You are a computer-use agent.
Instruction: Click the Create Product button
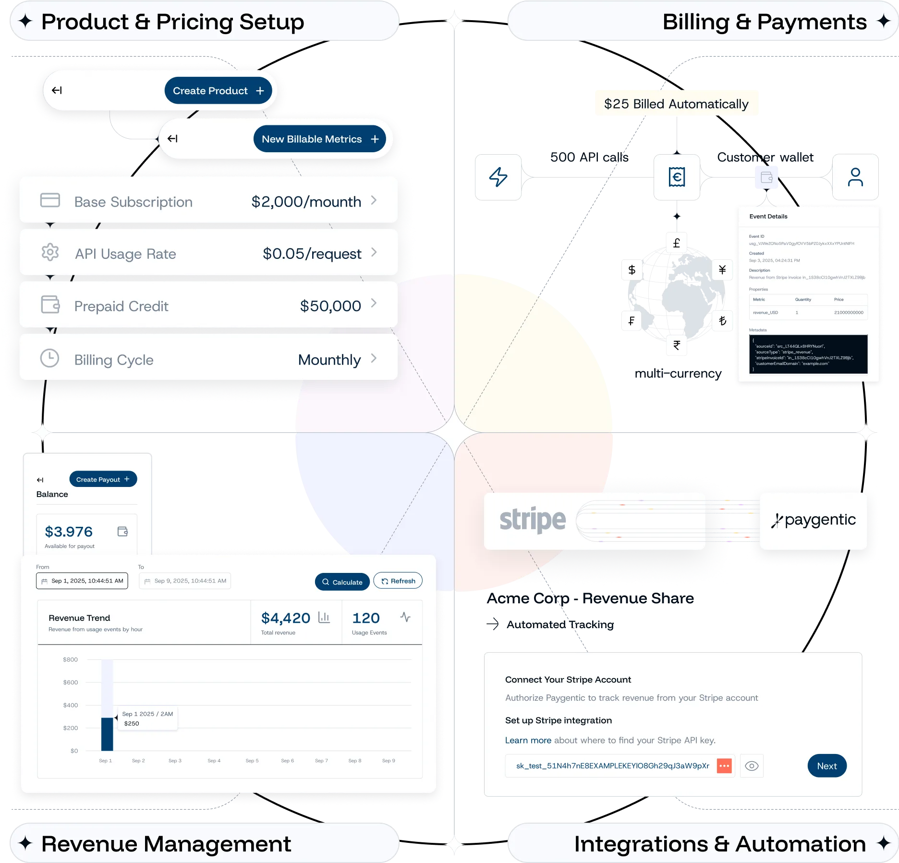click(218, 91)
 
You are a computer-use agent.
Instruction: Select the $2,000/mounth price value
click(306, 202)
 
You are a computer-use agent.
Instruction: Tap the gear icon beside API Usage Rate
click(50, 252)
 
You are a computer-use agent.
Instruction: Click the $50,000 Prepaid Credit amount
click(330, 306)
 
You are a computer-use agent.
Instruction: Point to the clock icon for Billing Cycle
click(49, 358)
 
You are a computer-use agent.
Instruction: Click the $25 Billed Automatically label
click(676, 104)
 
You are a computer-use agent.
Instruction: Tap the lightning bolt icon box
click(498, 177)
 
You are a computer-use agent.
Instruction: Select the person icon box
click(855, 177)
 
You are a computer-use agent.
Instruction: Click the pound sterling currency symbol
click(676, 243)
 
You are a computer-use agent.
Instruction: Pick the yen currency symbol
click(722, 270)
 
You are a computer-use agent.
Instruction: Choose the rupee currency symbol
click(676, 345)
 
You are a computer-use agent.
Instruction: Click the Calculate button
click(342, 582)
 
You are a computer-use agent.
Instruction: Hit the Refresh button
click(398, 581)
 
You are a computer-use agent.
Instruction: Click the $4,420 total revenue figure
click(285, 618)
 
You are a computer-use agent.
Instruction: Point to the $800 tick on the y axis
click(70, 659)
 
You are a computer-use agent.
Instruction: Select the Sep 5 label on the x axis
click(252, 761)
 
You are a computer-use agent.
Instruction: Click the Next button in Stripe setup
click(826, 766)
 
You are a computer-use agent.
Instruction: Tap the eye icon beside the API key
click(752, 766)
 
